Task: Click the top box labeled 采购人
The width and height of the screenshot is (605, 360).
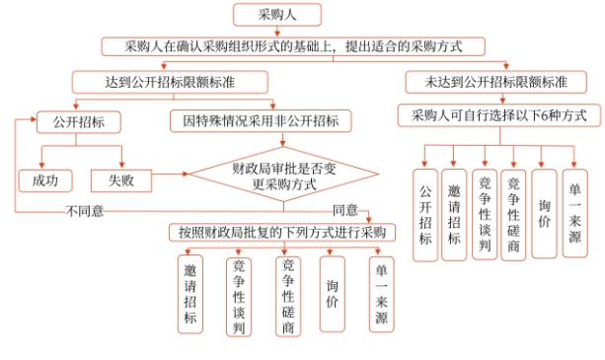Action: [275, 15]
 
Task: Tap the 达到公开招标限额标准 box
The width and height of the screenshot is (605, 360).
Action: [157, 81]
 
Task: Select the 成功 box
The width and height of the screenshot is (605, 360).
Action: [45, 180]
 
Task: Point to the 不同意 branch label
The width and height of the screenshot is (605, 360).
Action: [85, 210]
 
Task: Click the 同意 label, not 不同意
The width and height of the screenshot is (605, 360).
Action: [345, 210]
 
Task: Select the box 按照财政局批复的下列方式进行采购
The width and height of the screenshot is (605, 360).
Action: [282, 233]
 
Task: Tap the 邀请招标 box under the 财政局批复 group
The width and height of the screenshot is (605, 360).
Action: [190, 292]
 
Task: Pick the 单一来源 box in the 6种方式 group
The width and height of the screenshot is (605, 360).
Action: [574, 212]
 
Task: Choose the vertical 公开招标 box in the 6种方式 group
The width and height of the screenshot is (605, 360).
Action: [425, 215]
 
